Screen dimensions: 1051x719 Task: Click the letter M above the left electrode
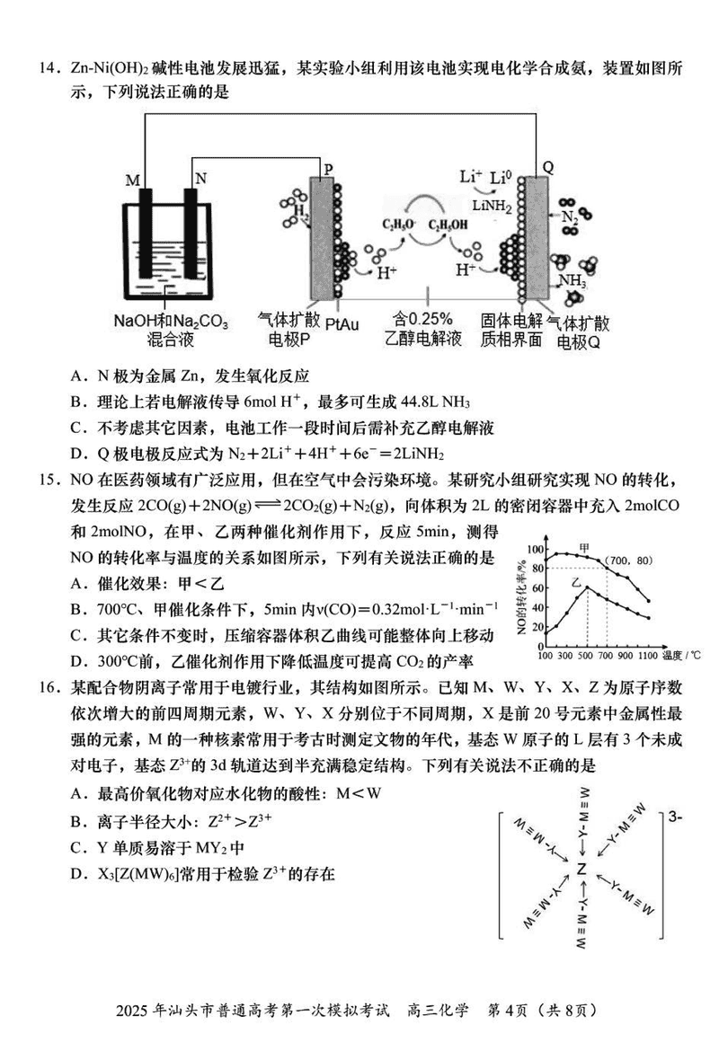[133, 181]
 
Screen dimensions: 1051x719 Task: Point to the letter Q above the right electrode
[548, 167]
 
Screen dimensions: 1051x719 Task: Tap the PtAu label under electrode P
[342, 321]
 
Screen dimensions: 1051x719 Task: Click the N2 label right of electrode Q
[570, 216]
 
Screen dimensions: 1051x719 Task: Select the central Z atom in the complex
[582, 870]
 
